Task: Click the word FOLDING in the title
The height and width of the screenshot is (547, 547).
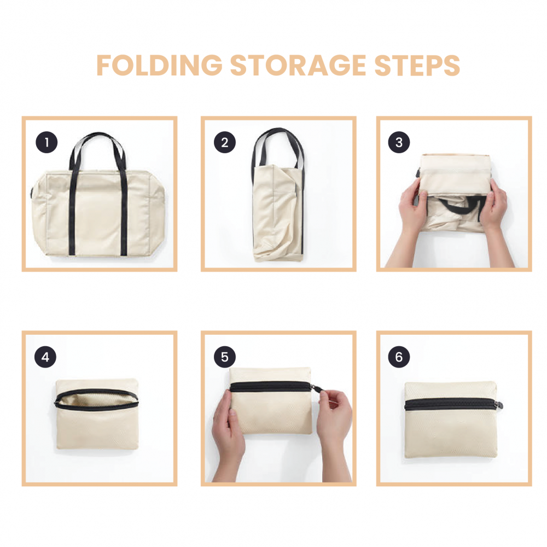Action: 158,66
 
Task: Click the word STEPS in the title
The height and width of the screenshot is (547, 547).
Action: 416,66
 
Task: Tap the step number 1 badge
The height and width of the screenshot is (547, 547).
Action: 47,143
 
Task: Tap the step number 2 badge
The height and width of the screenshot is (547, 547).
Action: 224,143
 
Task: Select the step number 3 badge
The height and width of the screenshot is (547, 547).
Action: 399,143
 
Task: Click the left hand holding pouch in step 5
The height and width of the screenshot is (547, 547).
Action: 228,432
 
